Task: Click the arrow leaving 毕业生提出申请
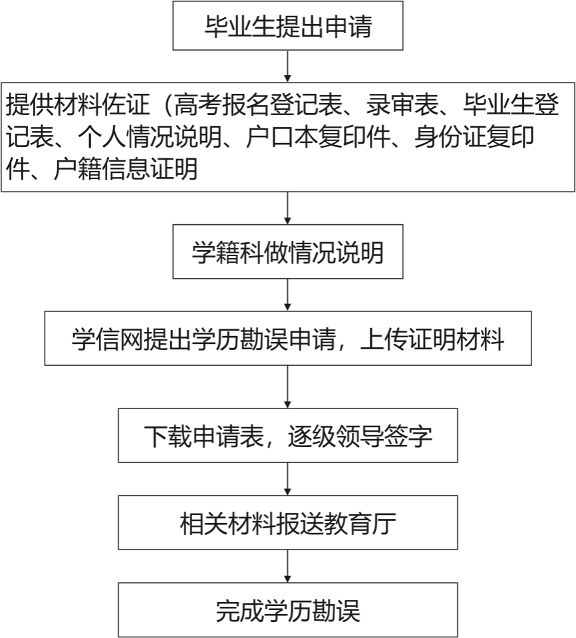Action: point(287,66)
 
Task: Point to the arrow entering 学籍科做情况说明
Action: point(287,208)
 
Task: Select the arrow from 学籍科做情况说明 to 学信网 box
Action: point(287,295)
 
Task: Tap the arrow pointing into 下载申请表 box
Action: point(287,387)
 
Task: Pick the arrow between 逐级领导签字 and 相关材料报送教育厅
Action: point(287,479)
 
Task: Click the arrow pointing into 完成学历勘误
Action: point(287,566)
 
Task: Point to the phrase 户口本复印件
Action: point(318,137)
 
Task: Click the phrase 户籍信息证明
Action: point(126,169)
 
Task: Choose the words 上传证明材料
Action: point(432,339)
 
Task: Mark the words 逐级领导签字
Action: point(360,436)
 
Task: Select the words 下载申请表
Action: point(204,436)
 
